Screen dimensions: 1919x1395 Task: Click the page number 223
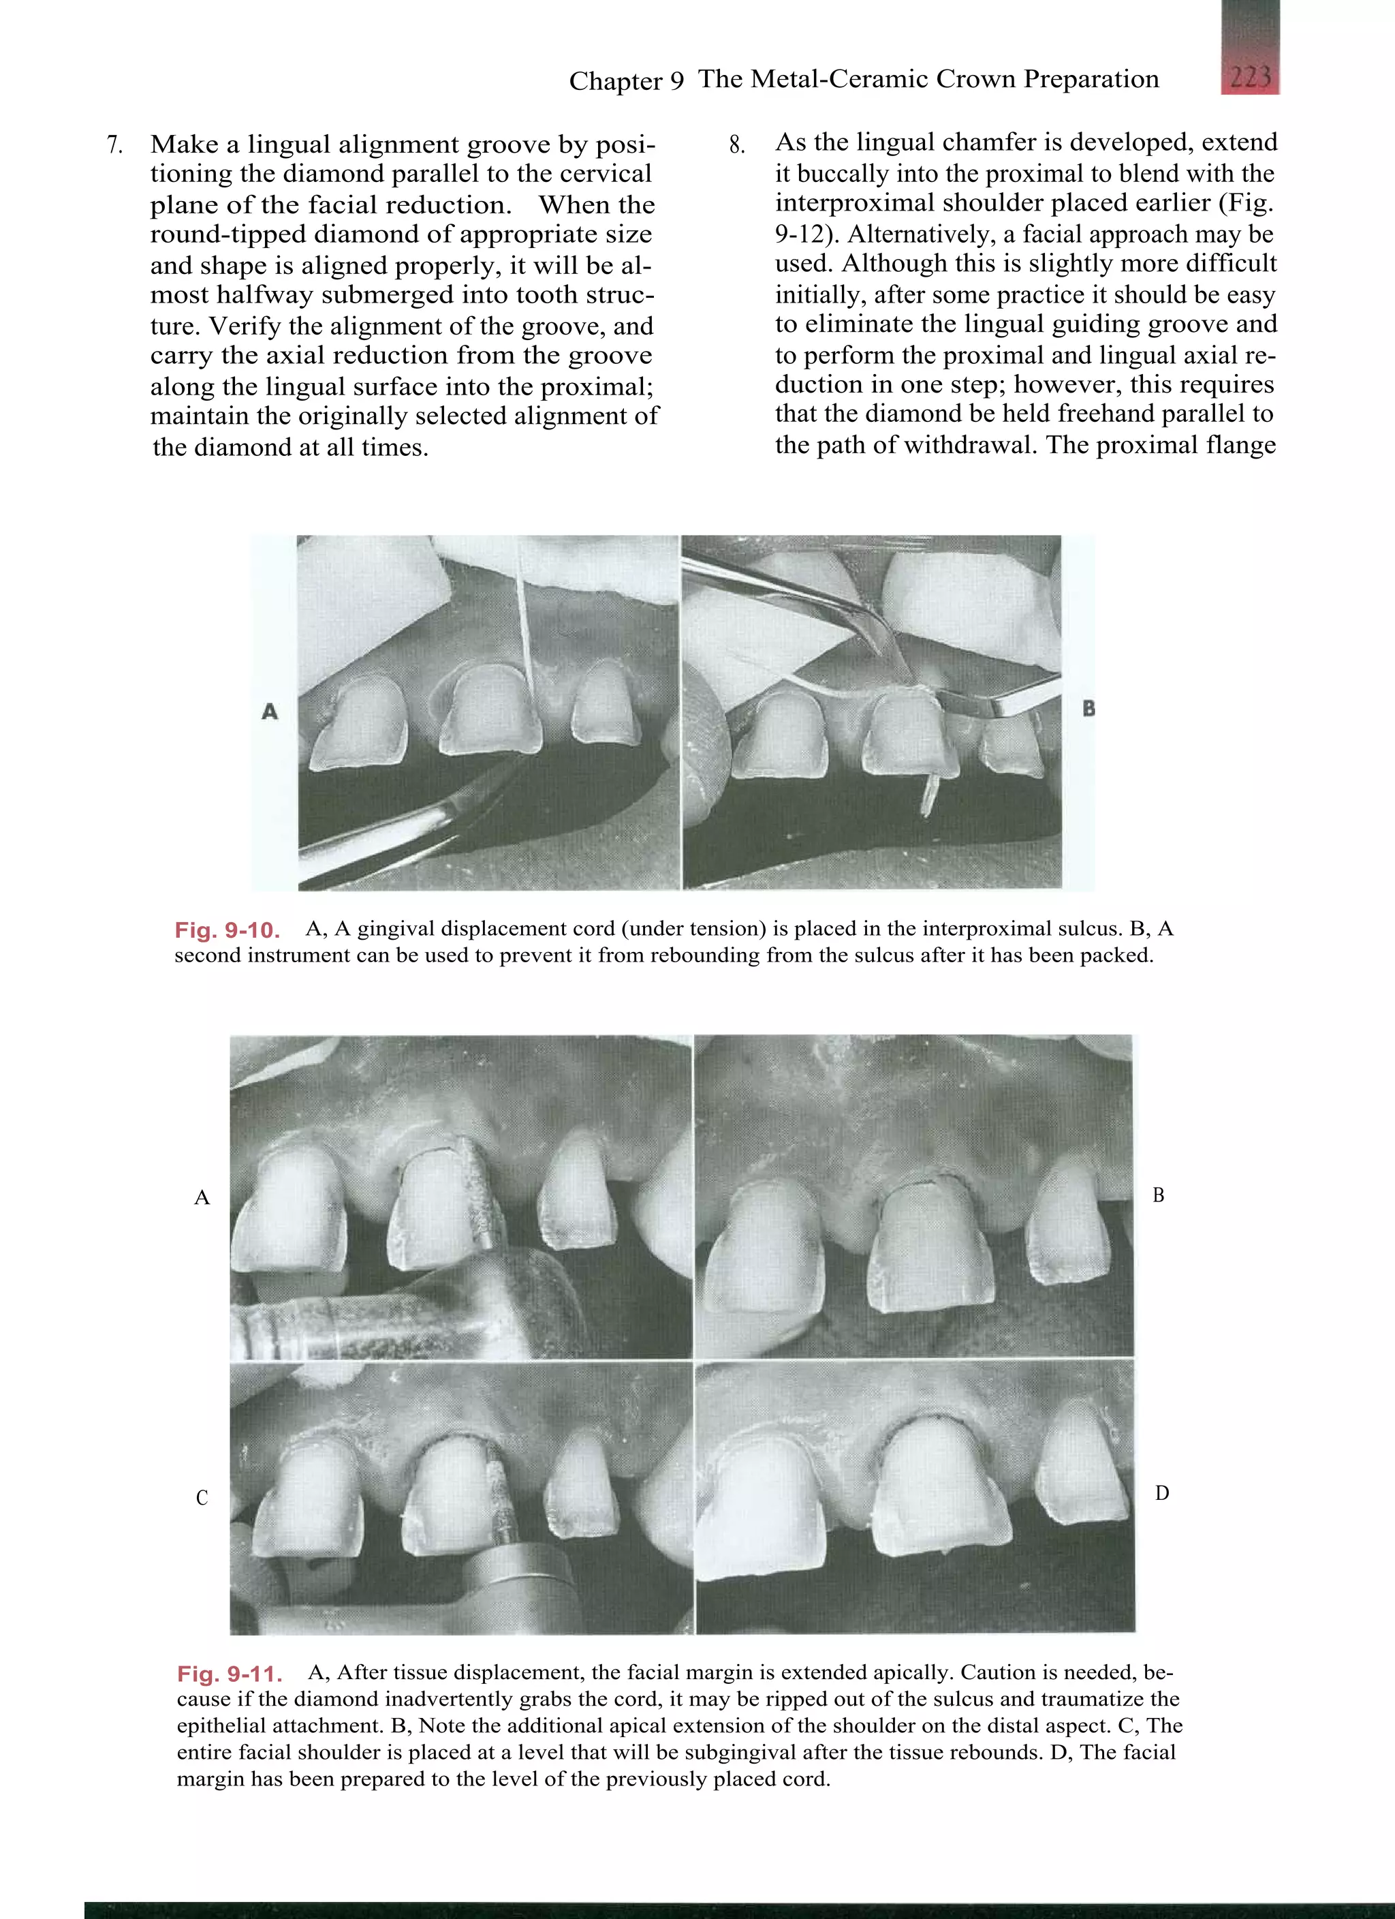tap(1249, 78)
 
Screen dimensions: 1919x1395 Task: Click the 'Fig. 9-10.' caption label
tap(227, 931)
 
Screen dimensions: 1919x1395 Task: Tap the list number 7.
tap(115, 146)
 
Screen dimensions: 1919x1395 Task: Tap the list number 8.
tap(737, 146)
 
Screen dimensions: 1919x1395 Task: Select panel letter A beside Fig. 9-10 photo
tap(270, 711)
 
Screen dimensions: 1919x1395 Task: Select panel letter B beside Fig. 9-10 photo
tap(1088, 709)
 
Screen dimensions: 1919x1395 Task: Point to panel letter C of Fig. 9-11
tap(202, 1499)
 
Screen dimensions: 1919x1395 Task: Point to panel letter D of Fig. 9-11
tap(1161, 1493)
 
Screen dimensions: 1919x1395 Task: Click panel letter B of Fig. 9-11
tap(1158, 1195)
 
